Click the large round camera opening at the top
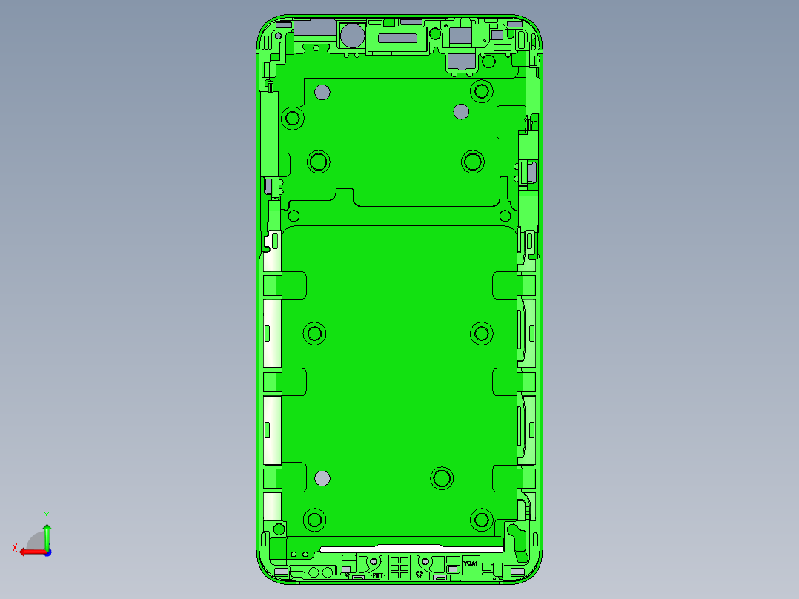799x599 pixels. click(x=351, y=36)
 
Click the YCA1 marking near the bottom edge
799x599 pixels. click(x=471, y=563)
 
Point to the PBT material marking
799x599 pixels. click(x=377, y=575)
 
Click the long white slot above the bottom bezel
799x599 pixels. click(x=411, y=549)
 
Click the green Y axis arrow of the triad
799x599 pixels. click(x=47, y=528)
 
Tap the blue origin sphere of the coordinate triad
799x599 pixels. click(x=47, y=552)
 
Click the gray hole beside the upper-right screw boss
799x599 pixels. click(x=461, y=112)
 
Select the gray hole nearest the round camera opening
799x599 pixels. click(x=322, y=92)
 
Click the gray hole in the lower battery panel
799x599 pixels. click(x=322, y=478)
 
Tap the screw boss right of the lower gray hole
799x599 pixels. click(x=442, y=478)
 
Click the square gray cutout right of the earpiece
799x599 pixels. click(x=460, y=36)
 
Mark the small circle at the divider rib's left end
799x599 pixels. click(x=294, y=216)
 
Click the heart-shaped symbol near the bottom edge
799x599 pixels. click(x=420, y=574)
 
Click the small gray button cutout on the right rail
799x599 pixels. click(x=531, y=173)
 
